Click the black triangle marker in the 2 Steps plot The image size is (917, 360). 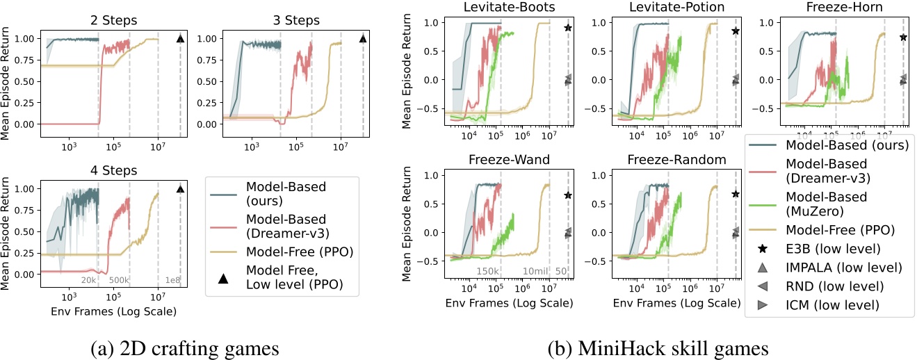pos(180,39)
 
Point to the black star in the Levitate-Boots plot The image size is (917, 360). pos(568,28)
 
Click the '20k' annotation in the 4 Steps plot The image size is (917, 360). pos(89,281)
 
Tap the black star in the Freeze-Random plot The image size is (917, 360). pos(735,194)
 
